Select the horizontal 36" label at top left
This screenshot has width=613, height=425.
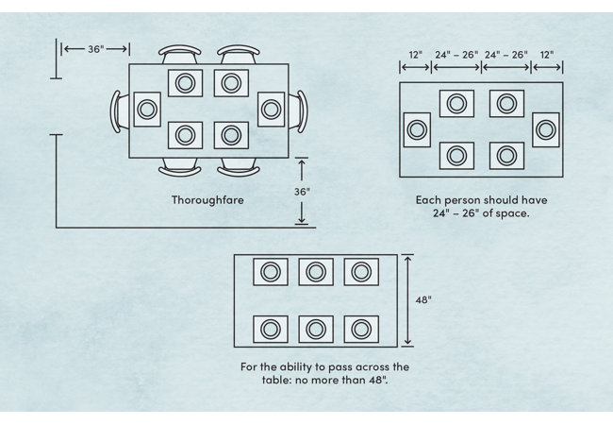coord(95,49)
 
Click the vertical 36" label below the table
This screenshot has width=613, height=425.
coord(302,191)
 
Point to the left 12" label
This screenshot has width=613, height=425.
coord(415,56)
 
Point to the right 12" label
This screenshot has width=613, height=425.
coord(548,56)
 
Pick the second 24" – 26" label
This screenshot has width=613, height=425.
coord(505,56)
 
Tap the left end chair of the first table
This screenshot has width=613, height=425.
coord(118,110)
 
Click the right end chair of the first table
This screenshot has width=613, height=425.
coord(299,110)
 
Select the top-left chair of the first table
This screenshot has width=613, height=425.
coord(179,54)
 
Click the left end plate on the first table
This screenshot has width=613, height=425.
coord(146,110)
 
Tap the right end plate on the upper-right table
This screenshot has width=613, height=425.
coord(545,128)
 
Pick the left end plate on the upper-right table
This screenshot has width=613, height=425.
coord(417,129)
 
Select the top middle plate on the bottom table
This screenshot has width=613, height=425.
coord(316,272)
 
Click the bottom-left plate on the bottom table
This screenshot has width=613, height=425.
coord(271,329)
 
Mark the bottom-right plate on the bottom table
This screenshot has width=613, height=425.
coord(359,329)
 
